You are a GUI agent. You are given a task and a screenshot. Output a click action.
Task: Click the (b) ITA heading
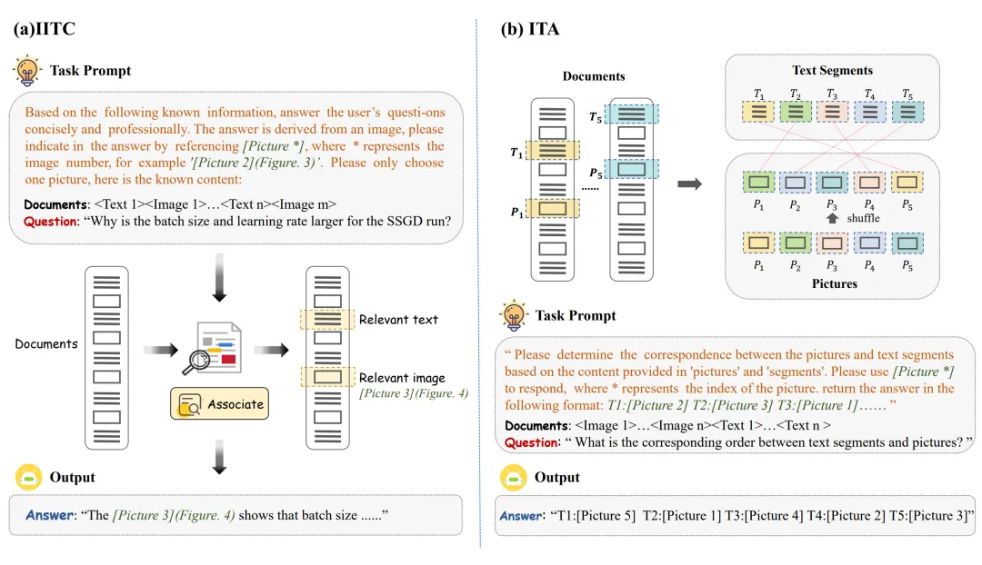pyautogui.click(x=529, y=29)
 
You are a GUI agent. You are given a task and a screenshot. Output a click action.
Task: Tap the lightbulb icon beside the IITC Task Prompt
pyautogui.click(x=26, y=70)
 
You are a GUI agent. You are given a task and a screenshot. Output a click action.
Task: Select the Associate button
pyautogui.click(x=219, y=403)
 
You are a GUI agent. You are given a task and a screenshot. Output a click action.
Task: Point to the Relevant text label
pyautogui.click(x=398, y=320)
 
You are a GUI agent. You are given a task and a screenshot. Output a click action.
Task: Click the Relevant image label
pyautogui.click(x=402, y=378)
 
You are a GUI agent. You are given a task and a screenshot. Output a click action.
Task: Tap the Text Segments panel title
pyautogui.click(x=833, y=70)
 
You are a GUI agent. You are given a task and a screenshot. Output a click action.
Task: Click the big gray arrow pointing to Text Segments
pyautogui.click(x=690, y=184)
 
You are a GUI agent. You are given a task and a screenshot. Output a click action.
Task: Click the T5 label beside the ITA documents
pyautogui.click(x=595, y=117)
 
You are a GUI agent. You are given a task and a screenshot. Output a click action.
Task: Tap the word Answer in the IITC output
pyautogui.click(x=48, y=515)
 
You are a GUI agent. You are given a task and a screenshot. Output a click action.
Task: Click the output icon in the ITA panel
pyautogui.click(x=513, y=478)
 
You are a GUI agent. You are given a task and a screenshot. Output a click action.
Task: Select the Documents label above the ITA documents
pyautogui.click(x=594, y=76)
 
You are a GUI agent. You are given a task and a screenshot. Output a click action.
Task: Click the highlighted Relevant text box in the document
pyautogui.click(x=327, y=320)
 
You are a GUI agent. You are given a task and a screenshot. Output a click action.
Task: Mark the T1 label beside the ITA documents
pyautogui.click(x=516, y=152)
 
